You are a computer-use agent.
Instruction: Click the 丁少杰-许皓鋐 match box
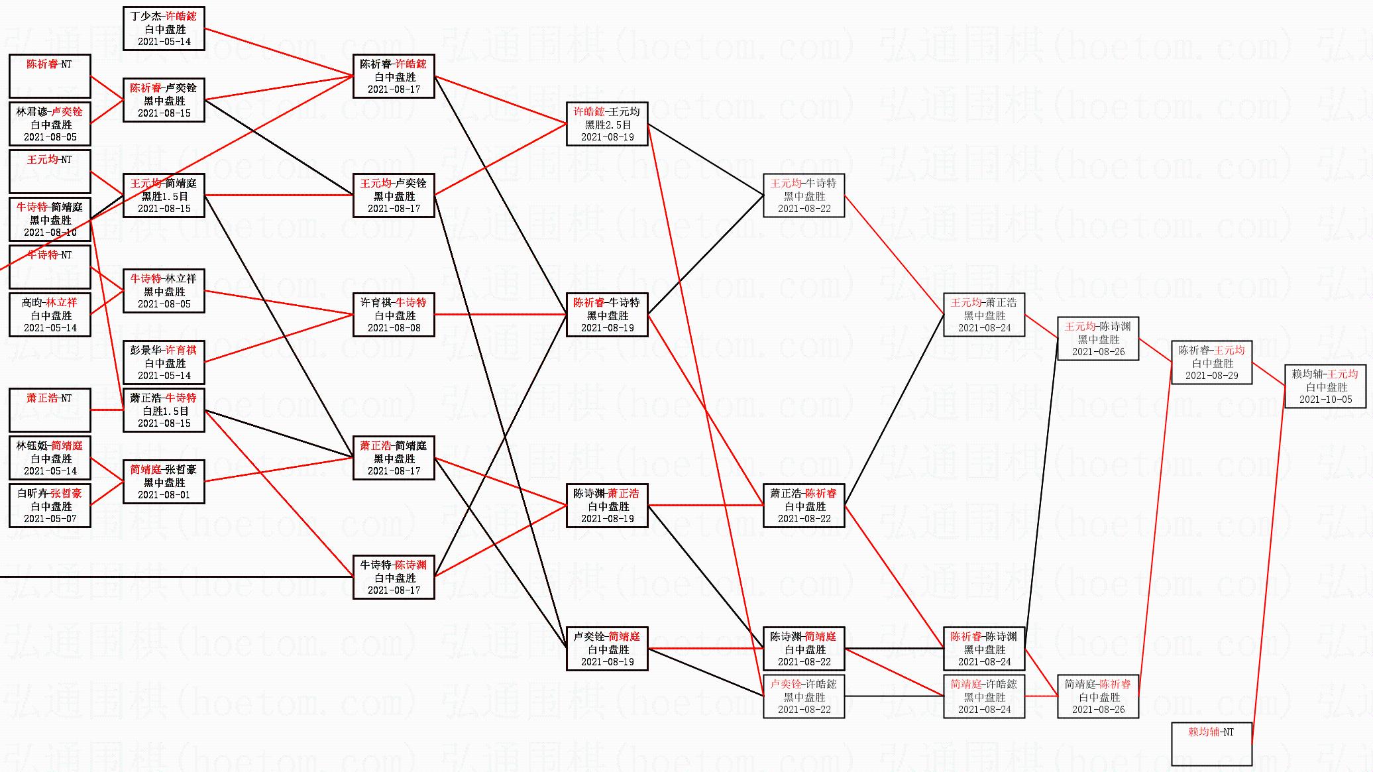coord(164,28)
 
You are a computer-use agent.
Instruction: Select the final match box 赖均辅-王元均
coord(1325,386)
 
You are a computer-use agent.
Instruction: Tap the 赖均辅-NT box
coord(1211,744)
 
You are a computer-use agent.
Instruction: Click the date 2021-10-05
coord(1325,400)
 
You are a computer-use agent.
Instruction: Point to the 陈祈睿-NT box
coord(50,76)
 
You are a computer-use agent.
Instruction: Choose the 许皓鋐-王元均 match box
coord(607,124)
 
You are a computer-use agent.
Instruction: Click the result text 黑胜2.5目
coord(607,125)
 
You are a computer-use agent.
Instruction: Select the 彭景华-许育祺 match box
coord(164,362)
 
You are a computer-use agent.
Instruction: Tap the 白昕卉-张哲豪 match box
coord(50,506)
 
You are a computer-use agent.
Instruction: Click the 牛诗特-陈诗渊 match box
coord(394,577)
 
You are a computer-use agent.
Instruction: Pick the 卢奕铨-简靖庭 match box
coord(607,649)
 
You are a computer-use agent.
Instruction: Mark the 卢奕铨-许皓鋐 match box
coord(804,696)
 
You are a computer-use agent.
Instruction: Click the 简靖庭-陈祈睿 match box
coord(1098,696)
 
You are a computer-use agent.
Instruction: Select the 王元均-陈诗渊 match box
coord(1098,339)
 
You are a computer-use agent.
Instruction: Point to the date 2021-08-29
coord(1212,376)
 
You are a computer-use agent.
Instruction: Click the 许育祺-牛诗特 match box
coord(394,315)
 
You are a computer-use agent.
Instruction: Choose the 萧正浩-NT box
coord(50,410)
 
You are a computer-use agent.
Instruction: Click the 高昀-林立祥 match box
coord(50,315)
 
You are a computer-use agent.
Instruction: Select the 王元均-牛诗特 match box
coord(804,195)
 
